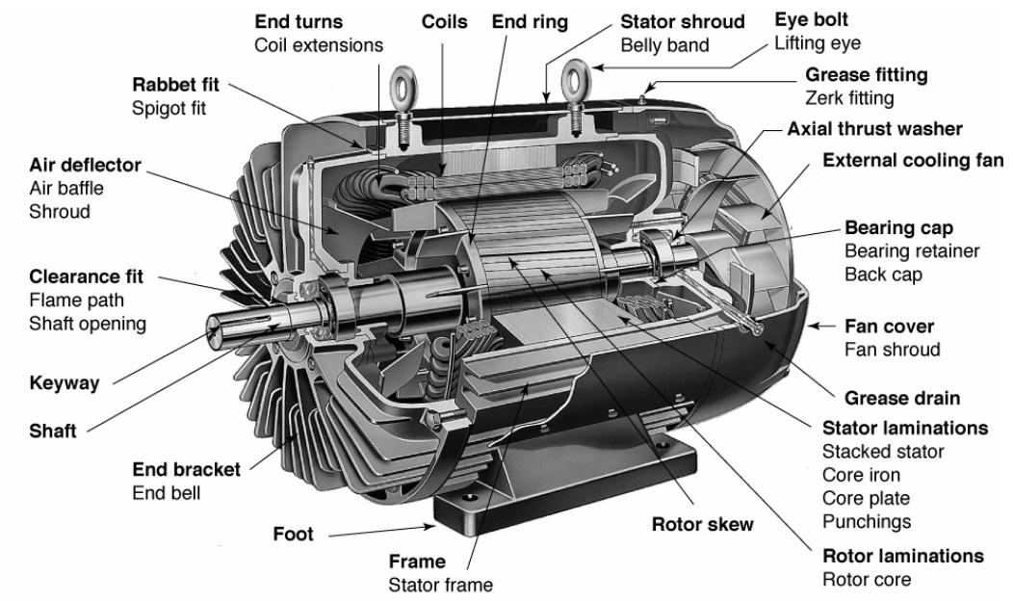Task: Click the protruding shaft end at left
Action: tap(227, 329)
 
